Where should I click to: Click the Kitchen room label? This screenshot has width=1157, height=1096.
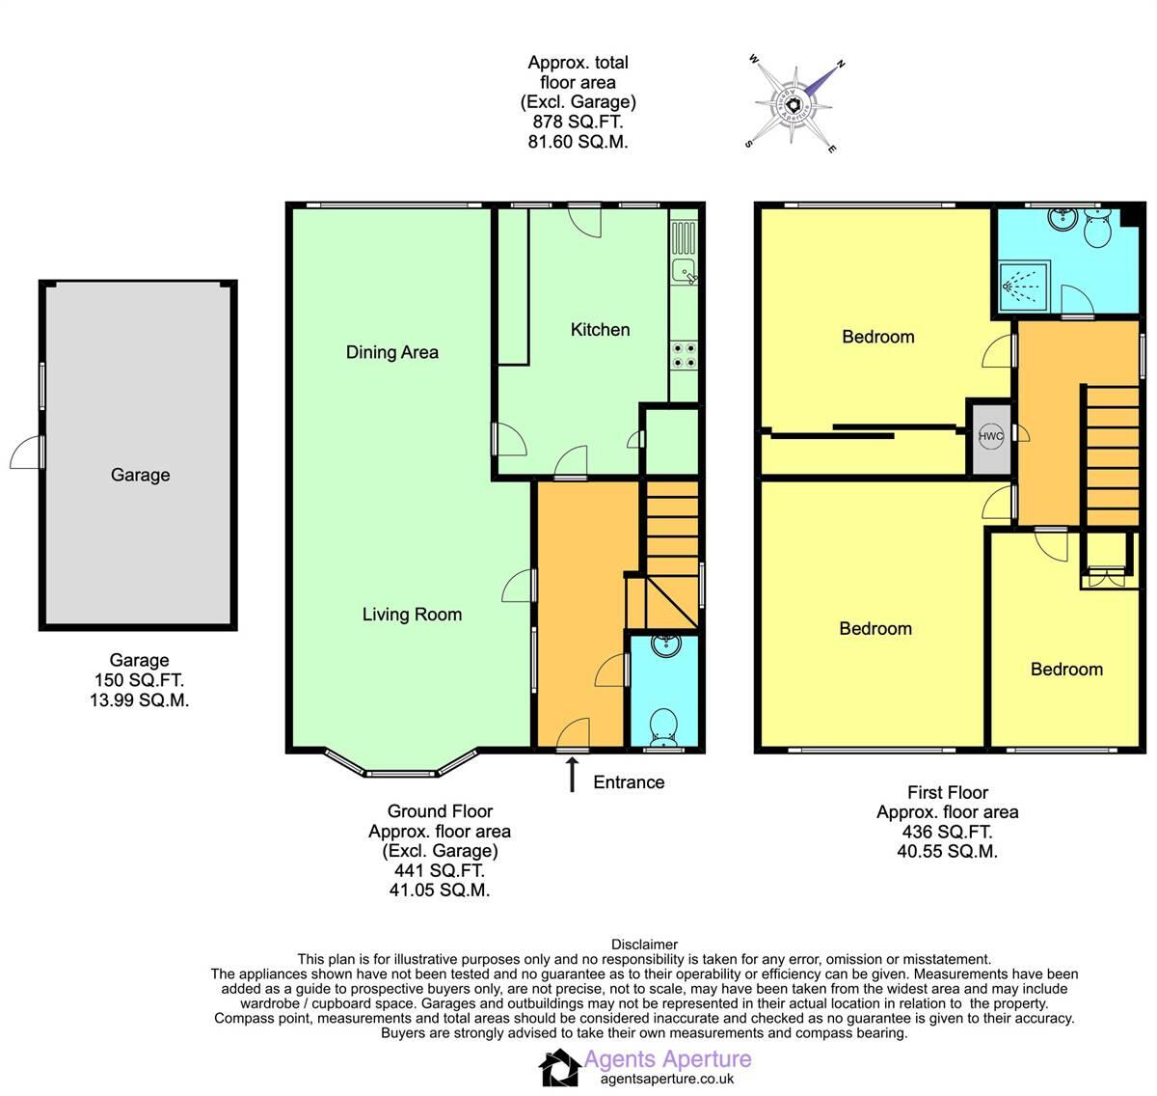click(x=600, y=330)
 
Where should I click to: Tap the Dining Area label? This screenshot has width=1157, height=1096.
click(x=391, y=352)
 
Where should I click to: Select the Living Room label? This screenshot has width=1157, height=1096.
click(x=412, y=615)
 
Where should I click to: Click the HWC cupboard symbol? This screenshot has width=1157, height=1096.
click(x=991, y=437)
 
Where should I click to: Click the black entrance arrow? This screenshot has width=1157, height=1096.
click(x=573, y=774)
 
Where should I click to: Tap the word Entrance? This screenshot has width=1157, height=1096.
click(x=629, y=782)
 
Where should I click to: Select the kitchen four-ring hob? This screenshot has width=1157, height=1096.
click(x=685, y=356)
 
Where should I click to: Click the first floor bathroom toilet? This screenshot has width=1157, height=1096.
click(x=1097, y=229)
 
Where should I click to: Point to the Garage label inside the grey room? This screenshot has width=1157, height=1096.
click(x=140, y=475)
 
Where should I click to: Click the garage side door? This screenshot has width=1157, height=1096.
click(x=29, y=452)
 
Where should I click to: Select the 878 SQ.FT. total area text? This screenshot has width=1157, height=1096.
click(x=578, y=123)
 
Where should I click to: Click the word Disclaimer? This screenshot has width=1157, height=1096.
click(x=644, y=945)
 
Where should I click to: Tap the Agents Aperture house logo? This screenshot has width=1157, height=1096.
click(x=558, y=1068)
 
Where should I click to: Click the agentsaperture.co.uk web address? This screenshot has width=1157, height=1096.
click(x=667, y=1080)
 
